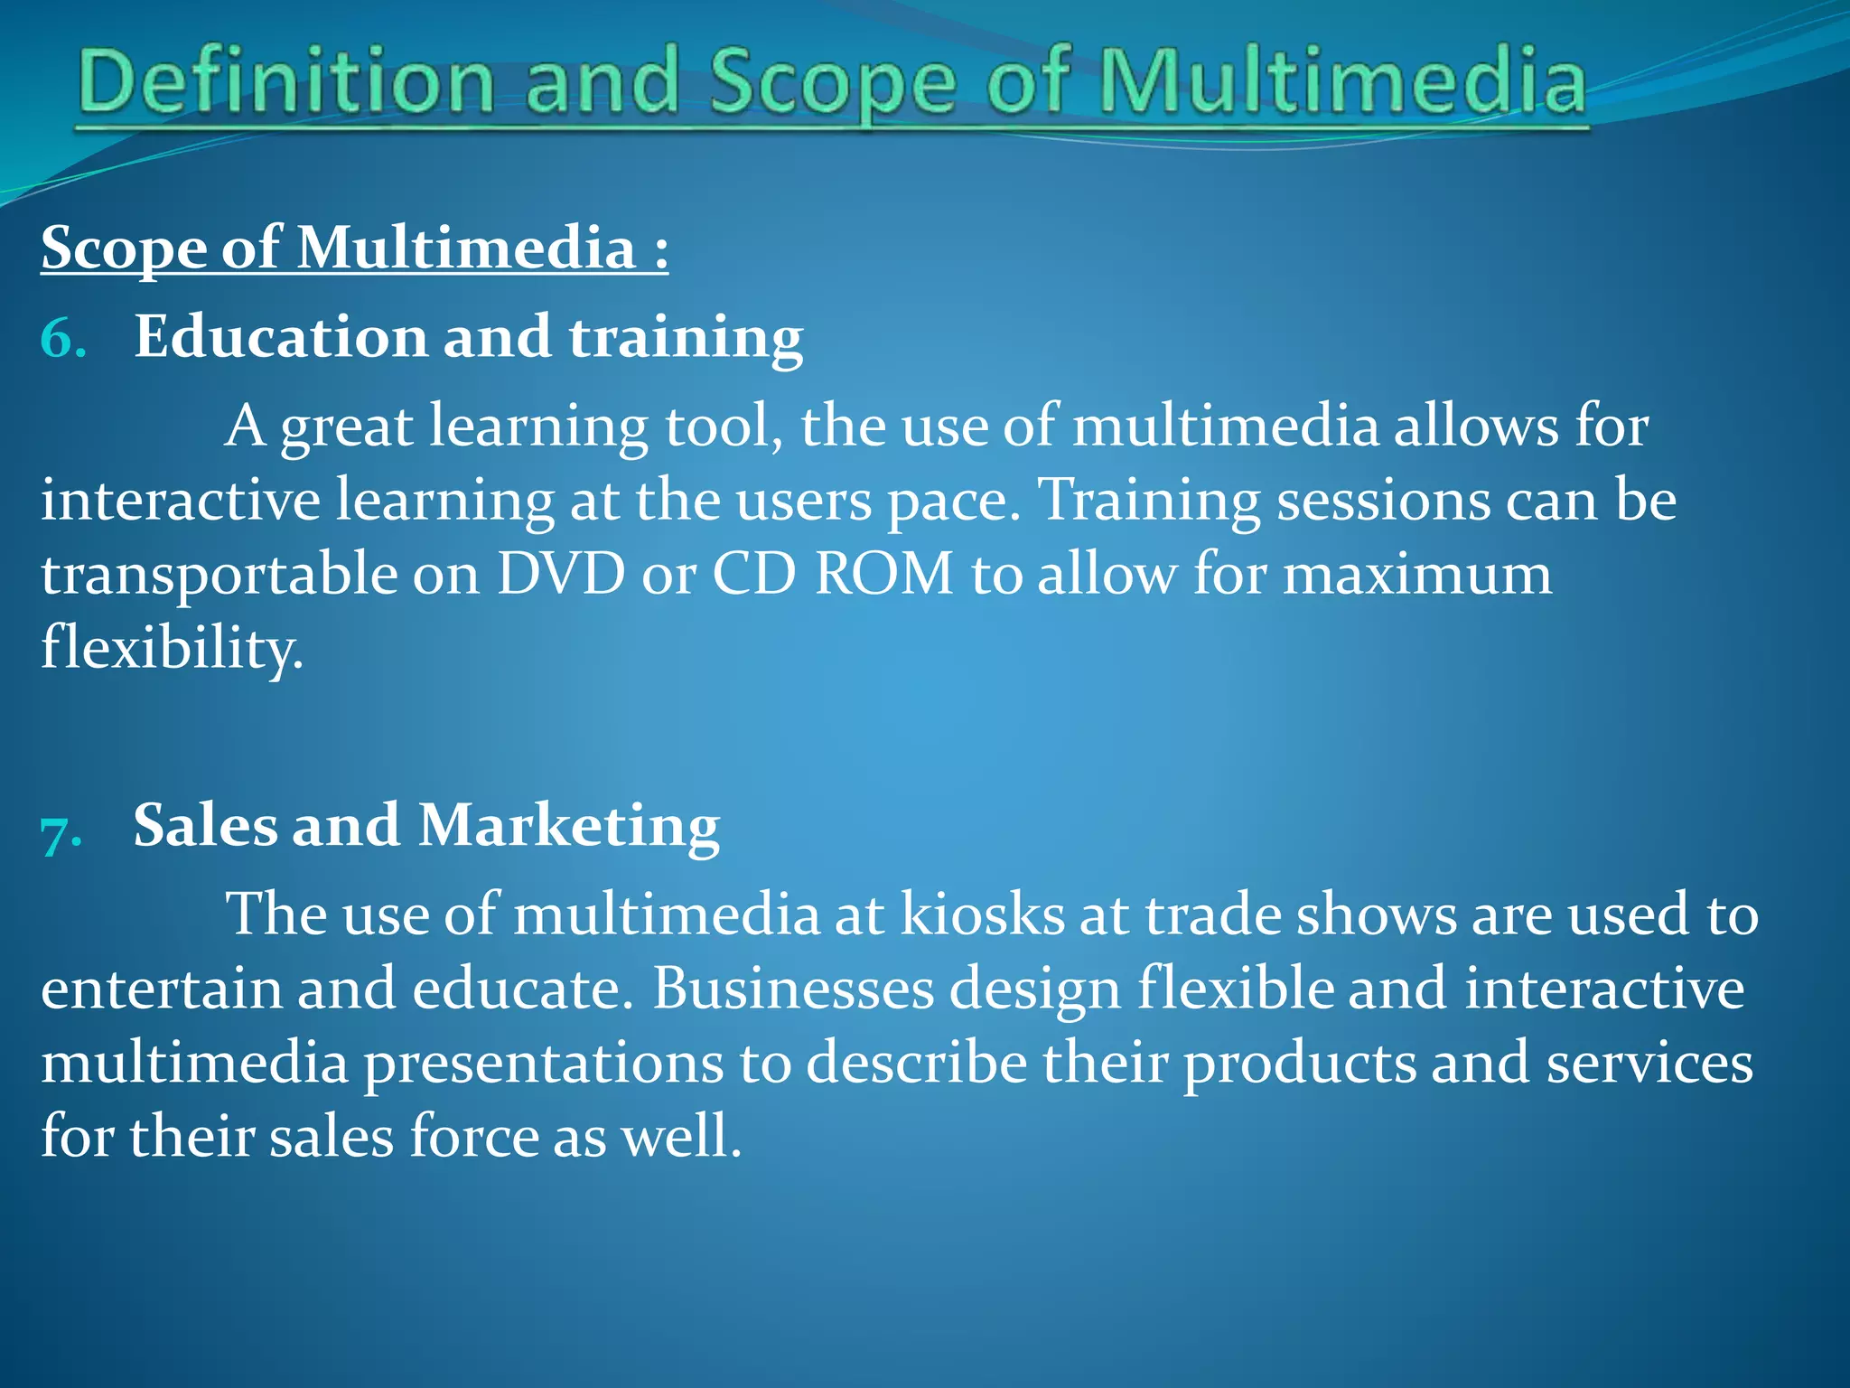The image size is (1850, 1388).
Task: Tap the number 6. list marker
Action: [63, 339]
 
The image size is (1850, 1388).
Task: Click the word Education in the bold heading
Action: [280, 337]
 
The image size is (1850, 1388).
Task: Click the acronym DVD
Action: [561, 574]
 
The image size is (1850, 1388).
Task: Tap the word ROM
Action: [883, 574]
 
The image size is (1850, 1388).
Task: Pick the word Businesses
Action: [793, 989]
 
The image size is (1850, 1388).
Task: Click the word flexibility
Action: [172, 649]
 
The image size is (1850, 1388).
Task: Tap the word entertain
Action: [162, 989]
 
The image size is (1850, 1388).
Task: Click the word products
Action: [1300, 1064]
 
